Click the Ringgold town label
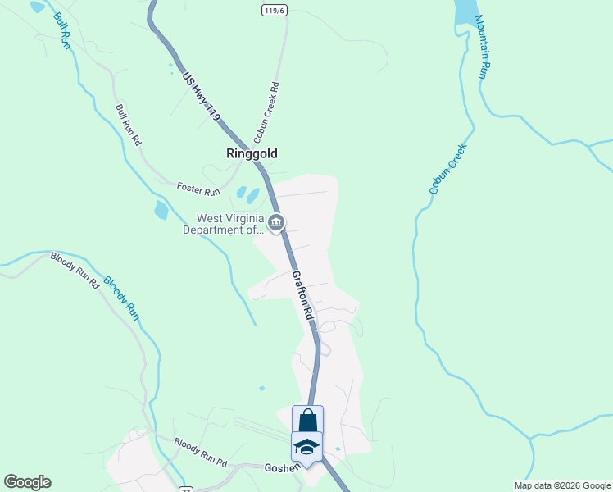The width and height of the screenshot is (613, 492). coord(252,153)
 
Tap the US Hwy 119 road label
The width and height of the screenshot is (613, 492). coord(202,97)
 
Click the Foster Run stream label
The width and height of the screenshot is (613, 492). coord(199,189)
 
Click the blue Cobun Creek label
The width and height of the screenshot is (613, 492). coord(447,169)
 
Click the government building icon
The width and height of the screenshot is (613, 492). coord(276,222)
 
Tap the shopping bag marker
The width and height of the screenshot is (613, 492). coord(307,420)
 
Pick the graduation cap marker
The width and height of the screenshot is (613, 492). coord(306,446)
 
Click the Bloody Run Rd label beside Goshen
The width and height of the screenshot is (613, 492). coord(201,453)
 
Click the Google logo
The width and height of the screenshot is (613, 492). coord(27,482)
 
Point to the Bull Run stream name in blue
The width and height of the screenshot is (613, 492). coord(62,30)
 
